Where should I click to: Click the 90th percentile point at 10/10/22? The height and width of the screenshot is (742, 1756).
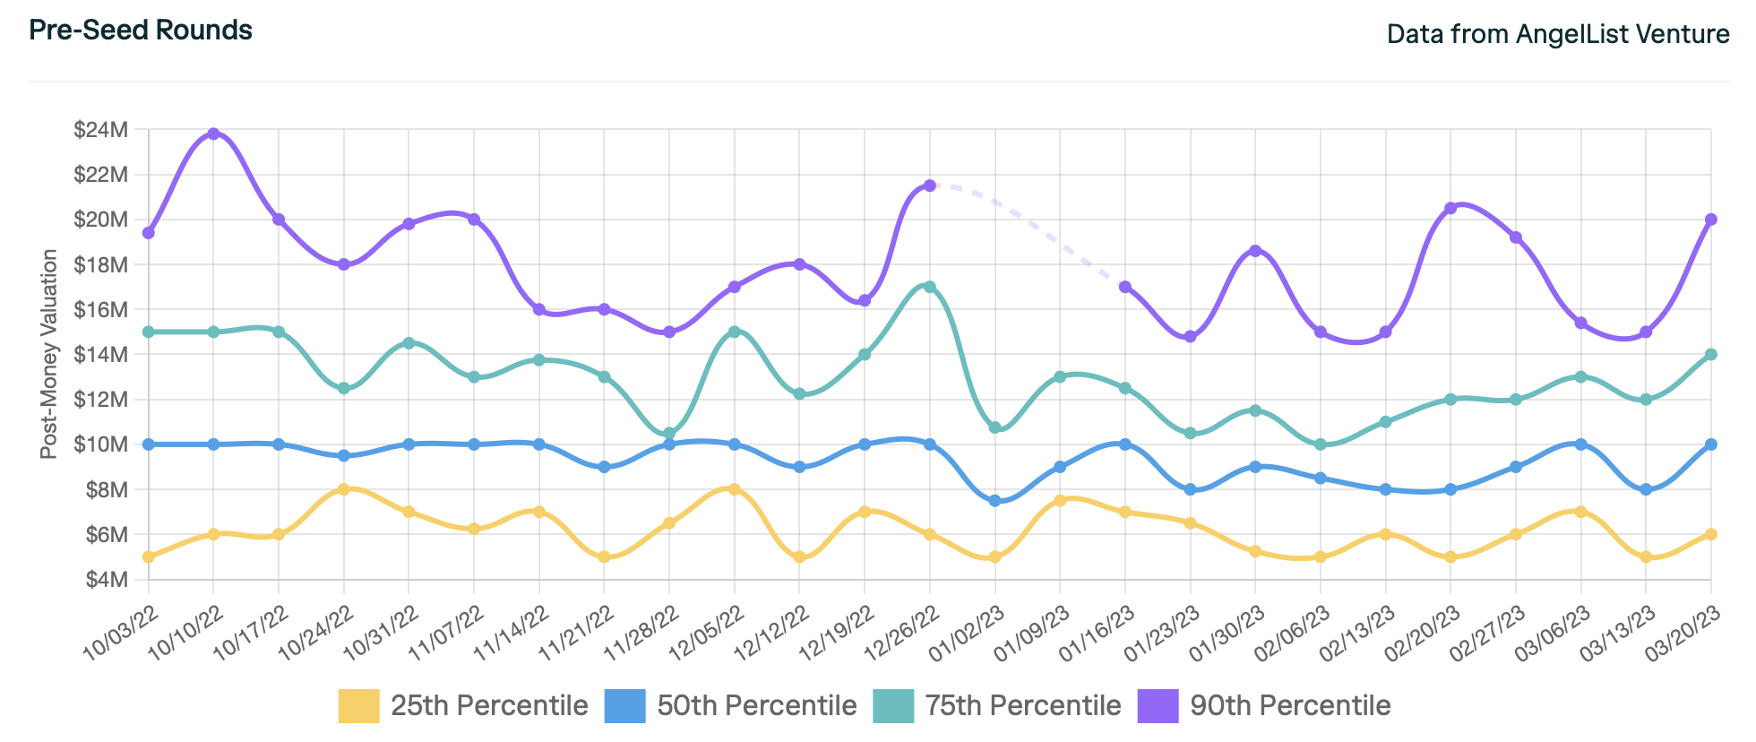pos(213,134)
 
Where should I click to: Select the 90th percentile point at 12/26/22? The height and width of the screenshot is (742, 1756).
pos(930,185)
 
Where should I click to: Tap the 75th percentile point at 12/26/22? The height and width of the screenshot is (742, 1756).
pos(930,287)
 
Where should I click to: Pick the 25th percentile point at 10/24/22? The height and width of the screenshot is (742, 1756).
pos(343,489)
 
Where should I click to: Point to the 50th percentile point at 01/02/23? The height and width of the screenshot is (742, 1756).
pos(994,501)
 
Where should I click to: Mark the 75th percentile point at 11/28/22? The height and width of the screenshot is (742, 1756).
pos(669,433)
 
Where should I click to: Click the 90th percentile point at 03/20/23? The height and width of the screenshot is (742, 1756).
pos(1710,220)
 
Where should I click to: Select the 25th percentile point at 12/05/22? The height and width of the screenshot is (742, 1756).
pos(735,489)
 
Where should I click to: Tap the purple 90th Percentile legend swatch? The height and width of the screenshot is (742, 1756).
pos(1158,706)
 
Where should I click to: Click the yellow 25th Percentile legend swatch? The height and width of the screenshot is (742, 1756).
pos(358,706)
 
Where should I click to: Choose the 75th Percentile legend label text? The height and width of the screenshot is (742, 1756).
pos(1023,706)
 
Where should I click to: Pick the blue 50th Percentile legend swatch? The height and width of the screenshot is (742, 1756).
pos(624,706)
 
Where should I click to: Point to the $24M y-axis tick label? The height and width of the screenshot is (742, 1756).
pos(101,131)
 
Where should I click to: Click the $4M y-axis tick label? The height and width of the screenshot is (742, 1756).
pos(106,580)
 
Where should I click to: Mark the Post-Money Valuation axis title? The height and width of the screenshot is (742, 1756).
pos(49,354)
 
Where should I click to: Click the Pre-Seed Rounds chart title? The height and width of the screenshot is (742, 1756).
pos(141,30)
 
